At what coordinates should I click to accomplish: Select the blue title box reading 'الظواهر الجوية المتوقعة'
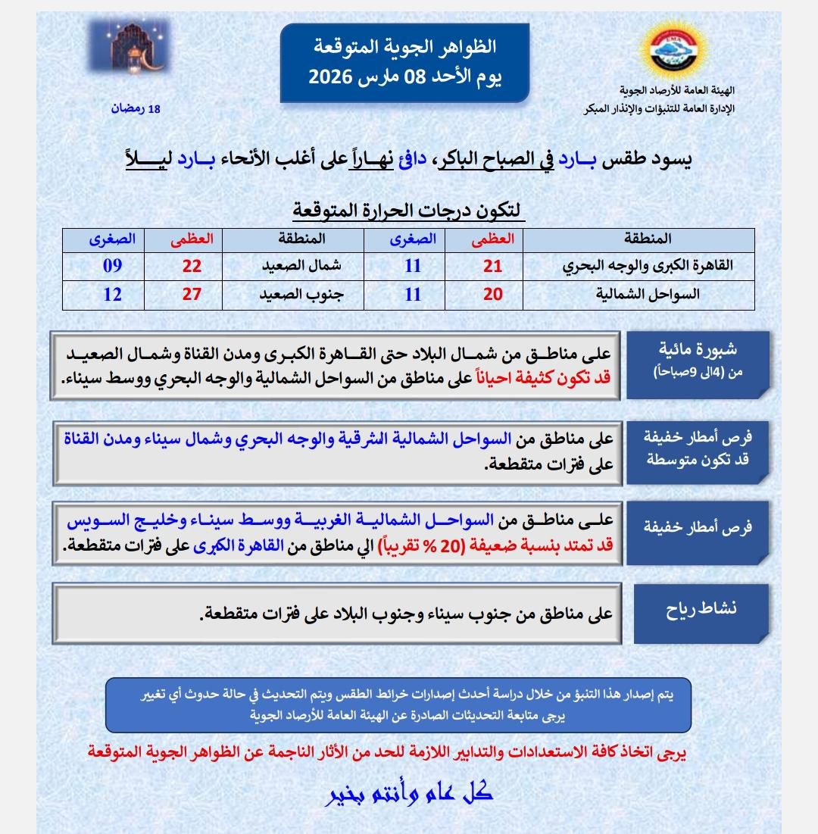[x=404, y=63]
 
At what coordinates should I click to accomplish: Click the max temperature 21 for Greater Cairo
[x=493, y=266]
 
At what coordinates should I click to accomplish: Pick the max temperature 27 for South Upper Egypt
[x=192, y=294]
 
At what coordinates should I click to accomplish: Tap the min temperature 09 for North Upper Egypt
[x=112, y=266]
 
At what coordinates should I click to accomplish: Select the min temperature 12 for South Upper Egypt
[x=112, y=294]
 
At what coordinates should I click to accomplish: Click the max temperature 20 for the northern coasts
[x=493, y=294]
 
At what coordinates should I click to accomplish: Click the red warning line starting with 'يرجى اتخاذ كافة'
[x=388, y=752]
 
